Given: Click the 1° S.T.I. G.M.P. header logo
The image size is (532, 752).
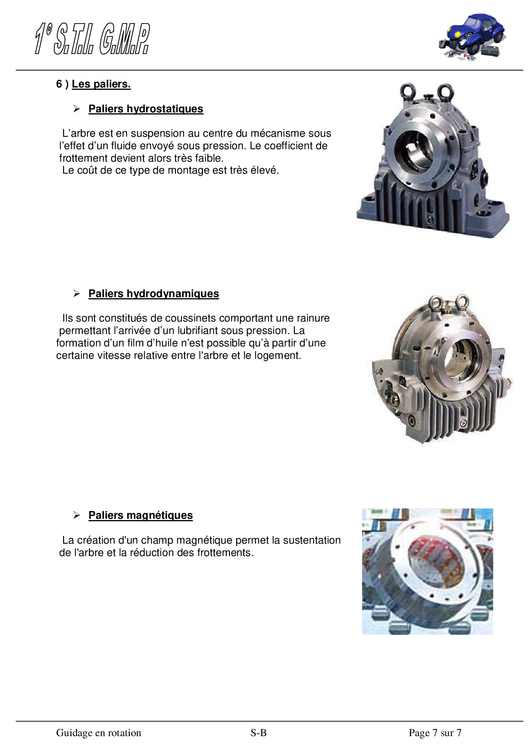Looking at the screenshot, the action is [x=92, y=39].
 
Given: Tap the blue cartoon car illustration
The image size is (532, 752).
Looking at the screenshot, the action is [x=472, y=37].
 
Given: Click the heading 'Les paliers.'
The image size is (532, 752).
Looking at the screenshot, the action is [x=101, y=84].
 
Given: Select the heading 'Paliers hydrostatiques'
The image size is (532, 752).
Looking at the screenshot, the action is [x=146, y=109].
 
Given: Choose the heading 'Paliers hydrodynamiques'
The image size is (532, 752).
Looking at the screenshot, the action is [x=154, y=294].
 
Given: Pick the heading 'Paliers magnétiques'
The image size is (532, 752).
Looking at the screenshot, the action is [x=141, y=515].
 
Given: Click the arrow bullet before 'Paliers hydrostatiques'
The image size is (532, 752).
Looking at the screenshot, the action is [x=77, y=109].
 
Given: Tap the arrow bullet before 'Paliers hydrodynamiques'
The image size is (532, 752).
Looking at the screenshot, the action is [x=77, y=294].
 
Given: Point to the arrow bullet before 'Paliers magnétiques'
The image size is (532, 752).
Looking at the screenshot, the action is [x=77, y=515].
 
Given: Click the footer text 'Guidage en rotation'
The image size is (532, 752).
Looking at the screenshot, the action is [x=99, y=733].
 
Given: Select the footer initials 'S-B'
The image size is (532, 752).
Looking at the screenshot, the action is [x=259, y=733].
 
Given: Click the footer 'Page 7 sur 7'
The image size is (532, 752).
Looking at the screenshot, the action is [x=435, y=733].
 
